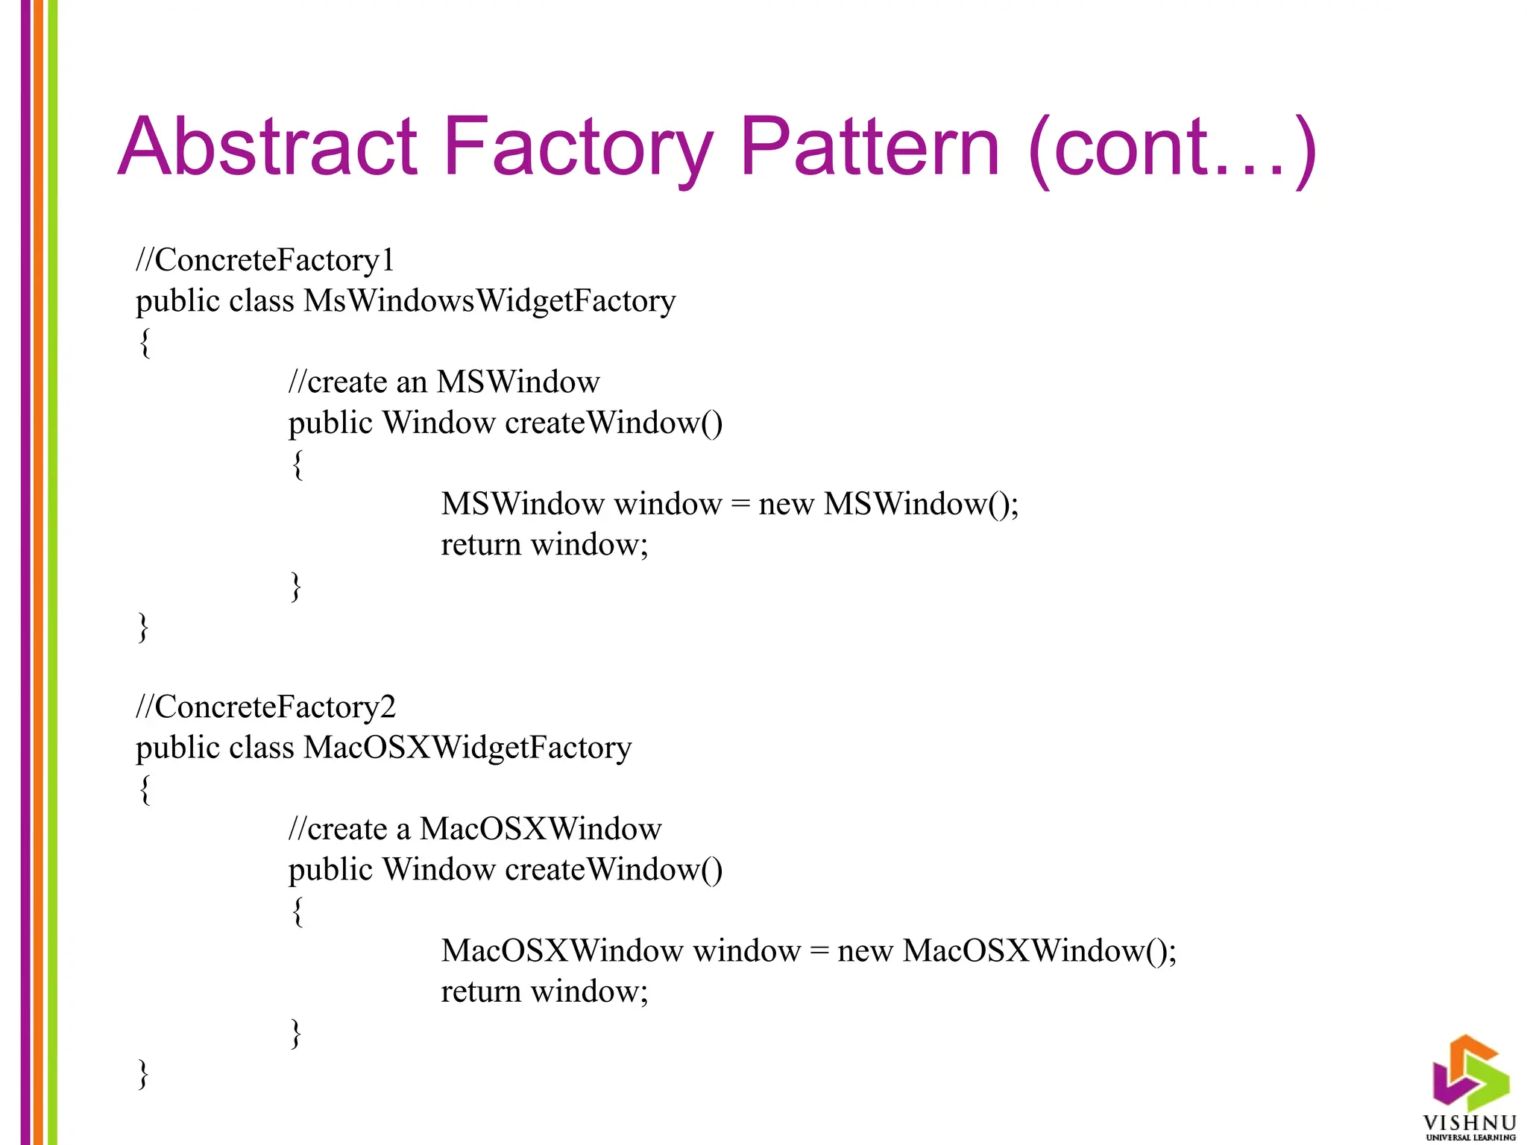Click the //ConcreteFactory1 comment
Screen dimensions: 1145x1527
point(265,260)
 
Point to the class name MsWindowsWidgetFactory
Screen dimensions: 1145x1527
point(489,301)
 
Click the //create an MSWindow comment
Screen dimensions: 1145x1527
point(444,382)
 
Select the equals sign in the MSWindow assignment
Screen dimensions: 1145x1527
point(740,505)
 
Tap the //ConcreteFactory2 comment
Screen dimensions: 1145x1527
point(265,707)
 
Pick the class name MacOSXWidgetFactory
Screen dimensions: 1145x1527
point(467,748)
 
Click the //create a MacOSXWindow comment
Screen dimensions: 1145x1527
point(475,829)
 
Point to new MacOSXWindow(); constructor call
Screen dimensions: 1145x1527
point(1007,951)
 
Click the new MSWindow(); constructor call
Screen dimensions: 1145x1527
point(888,505)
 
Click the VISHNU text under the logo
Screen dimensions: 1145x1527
point(1470,1123)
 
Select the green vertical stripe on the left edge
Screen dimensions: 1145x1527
point(52,572)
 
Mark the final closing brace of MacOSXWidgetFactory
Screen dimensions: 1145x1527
point(143,1074)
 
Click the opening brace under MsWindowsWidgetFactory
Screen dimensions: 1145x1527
point(145,342)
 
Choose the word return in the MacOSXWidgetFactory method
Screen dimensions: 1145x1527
point(480,992)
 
